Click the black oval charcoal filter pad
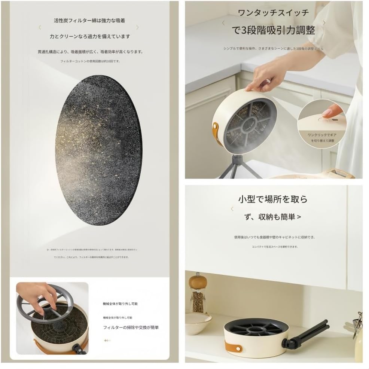tap(99, 150)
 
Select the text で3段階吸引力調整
tap(274, 30)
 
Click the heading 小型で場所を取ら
tap(273, 199)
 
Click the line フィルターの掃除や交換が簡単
tap(131, 327)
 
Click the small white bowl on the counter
tap(198, 323)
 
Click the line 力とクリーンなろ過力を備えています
tap(90, 37)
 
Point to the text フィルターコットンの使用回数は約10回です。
tap(90, 61)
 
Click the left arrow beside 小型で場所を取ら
tap(232, 209)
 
